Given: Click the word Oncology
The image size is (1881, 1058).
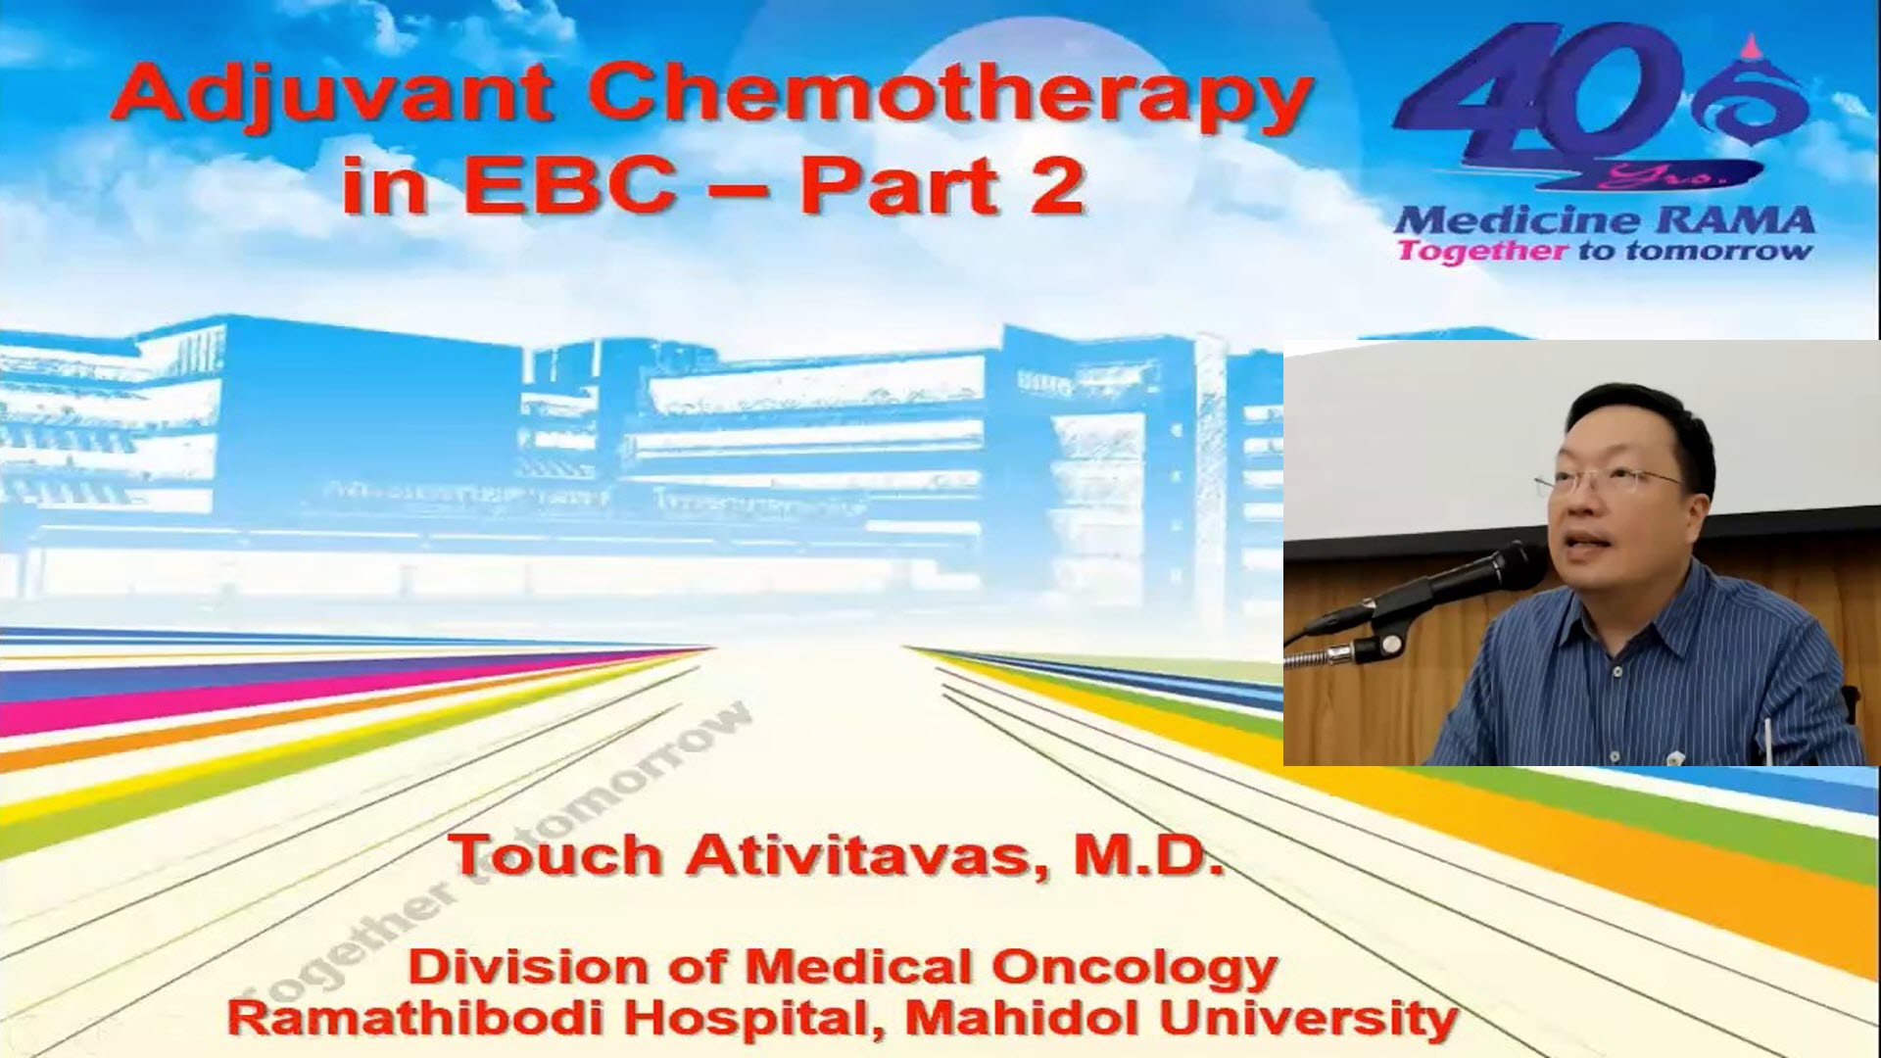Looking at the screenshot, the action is tap(1133, 968).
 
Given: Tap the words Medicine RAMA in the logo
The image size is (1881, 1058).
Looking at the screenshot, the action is tap(1604, 219).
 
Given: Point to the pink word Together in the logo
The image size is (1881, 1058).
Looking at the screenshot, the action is tap(1481, 252).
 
